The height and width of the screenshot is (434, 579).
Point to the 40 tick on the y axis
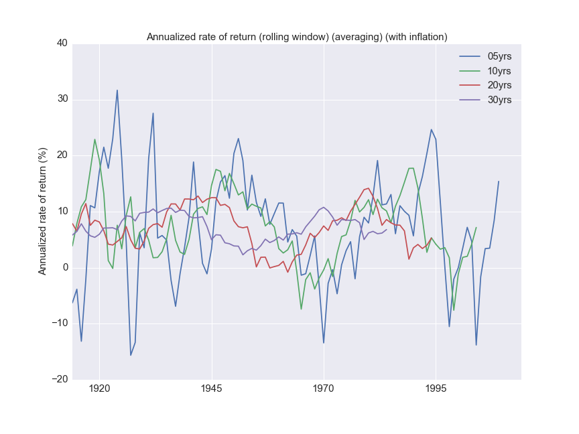(62, 44)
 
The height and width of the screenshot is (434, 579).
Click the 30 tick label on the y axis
(62, 99)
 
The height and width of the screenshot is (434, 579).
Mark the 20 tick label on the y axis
(62, 155)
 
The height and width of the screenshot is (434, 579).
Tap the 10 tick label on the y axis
(62, 212)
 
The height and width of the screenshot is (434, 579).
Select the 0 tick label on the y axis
(64, 268)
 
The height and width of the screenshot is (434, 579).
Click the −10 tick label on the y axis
(59, 323)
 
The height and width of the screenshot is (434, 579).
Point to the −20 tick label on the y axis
(59, 380)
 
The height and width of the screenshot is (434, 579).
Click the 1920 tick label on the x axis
(99, 389)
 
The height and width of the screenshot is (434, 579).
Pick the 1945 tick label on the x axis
(212, 389)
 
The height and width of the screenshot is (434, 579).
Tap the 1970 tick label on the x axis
(324, 389)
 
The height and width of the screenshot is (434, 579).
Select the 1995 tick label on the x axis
(436, 389)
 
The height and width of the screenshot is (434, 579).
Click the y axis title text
(42, 211)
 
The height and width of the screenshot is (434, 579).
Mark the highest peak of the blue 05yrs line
(117, 90)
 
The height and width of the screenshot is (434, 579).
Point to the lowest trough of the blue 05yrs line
(131, 355)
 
